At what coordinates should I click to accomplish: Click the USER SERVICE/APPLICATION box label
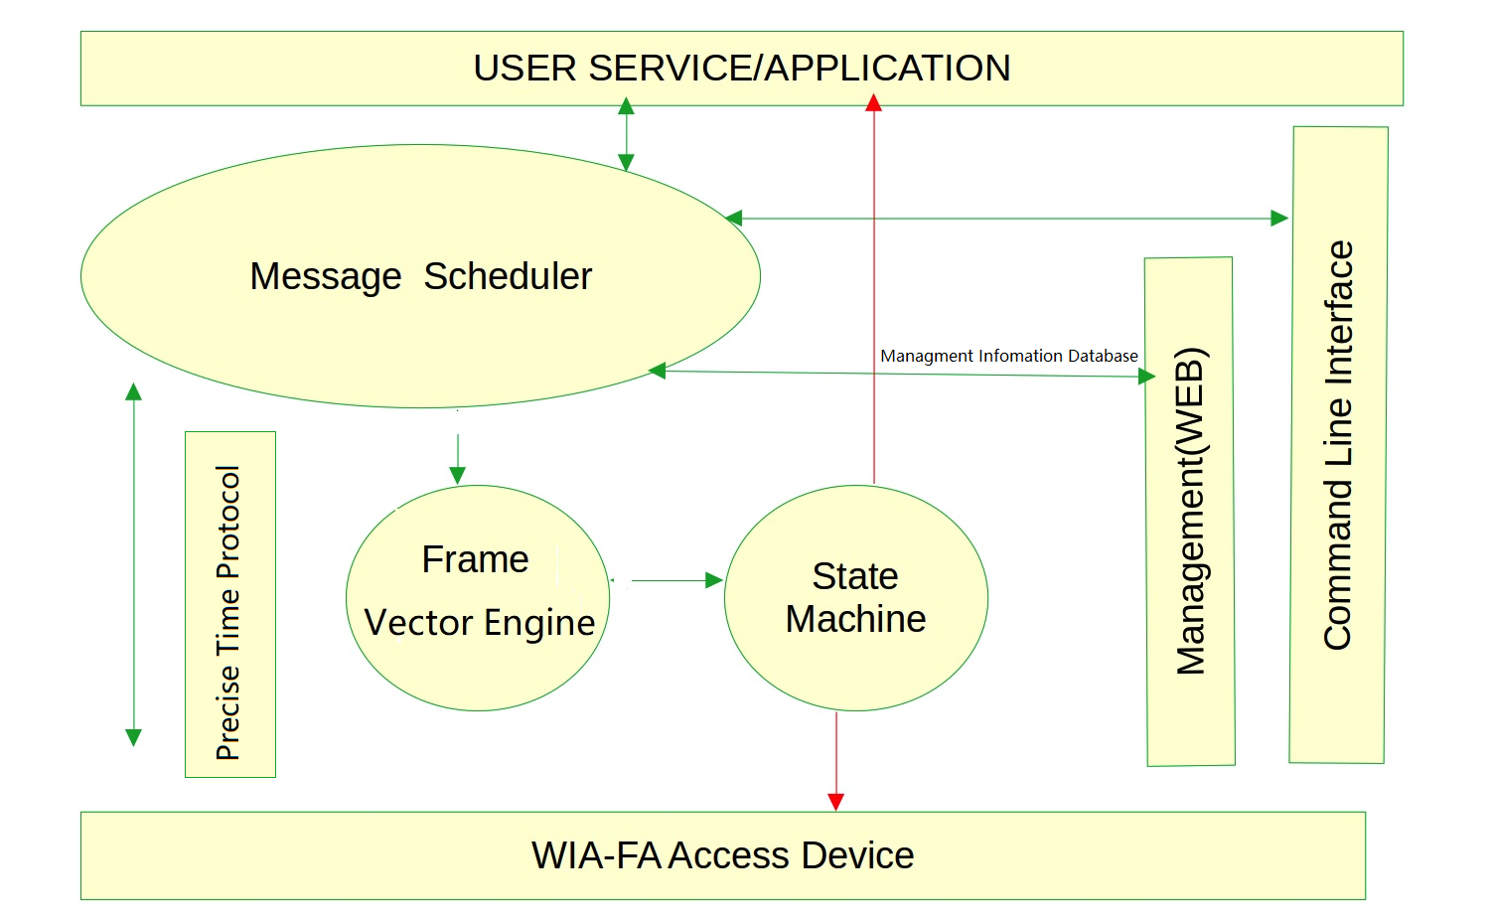coord(741,69)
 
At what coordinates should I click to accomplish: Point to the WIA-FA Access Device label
coord(722,855)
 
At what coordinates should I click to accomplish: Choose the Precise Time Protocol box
coord(229,605)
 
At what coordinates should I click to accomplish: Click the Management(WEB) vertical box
coord(1190,512)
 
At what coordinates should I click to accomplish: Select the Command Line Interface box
coord(1338,445)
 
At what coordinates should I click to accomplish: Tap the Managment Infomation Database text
coord(1008,356)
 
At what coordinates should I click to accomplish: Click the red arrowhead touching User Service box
coord(873,102)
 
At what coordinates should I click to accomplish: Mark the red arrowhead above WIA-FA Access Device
coord(835,802)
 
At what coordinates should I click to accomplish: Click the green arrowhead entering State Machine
coord(713,580)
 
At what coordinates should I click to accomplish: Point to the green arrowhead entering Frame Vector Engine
coord(457,476)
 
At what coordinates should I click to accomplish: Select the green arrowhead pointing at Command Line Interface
coord(1279,219)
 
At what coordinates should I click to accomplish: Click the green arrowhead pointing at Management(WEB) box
coord(1147,377)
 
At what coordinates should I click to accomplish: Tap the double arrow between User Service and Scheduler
coord(626,134)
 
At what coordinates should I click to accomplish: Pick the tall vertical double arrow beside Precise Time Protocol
coord(133,564)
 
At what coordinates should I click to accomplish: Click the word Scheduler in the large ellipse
coord(508,276)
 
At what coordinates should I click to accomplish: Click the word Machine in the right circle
coord(855,619)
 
